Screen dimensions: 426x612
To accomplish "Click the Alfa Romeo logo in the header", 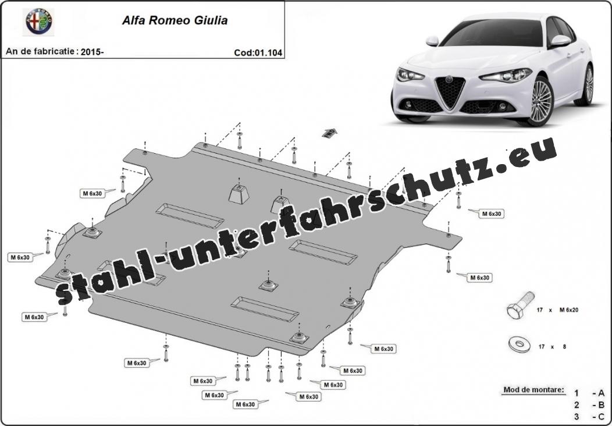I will [39, 22].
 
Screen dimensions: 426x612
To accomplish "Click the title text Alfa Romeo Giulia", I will [174, 20].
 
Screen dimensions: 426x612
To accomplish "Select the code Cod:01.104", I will [258, 52].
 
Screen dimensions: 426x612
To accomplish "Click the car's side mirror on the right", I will [560, 40].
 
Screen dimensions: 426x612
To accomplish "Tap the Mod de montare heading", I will [533, 389].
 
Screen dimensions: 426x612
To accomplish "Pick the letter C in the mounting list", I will [601, 416].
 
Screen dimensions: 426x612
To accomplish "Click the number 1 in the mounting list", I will [576, 393].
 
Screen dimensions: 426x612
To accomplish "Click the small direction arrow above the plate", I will [330, 132].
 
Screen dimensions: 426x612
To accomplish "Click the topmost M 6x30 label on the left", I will [91, 193].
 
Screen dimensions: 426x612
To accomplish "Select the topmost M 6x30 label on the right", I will [491, 214].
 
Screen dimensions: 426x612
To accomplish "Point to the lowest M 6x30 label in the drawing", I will [245, 404].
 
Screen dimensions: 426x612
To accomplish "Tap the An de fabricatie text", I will [41, 52].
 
